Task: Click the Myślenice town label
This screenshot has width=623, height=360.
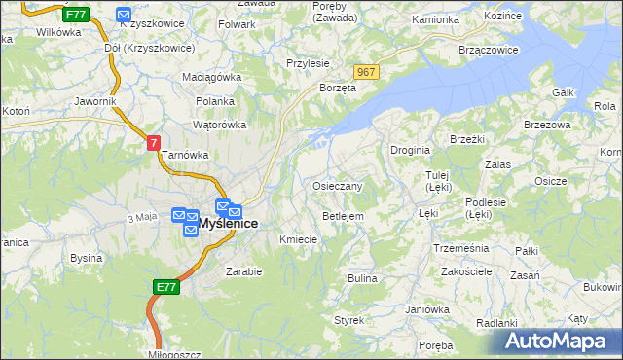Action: (x=229, y=224)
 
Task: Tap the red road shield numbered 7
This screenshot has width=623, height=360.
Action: (x=154, y=142)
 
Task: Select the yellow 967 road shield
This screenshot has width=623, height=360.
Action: (x=366, y=73)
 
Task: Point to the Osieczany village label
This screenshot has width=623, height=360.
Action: (x=338, y=186)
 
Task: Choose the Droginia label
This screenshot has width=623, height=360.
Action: (x=410, y=150)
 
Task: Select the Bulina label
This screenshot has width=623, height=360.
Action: (x=362, y=278)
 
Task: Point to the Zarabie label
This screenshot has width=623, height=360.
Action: (x=244, y=271)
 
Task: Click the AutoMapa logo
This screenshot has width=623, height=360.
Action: (x=561, y=341)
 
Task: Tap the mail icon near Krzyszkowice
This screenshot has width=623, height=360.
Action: (x=124, y=15)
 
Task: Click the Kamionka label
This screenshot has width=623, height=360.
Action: (x=435, y=19)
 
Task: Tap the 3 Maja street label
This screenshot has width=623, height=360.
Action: (x=142, y=216)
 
